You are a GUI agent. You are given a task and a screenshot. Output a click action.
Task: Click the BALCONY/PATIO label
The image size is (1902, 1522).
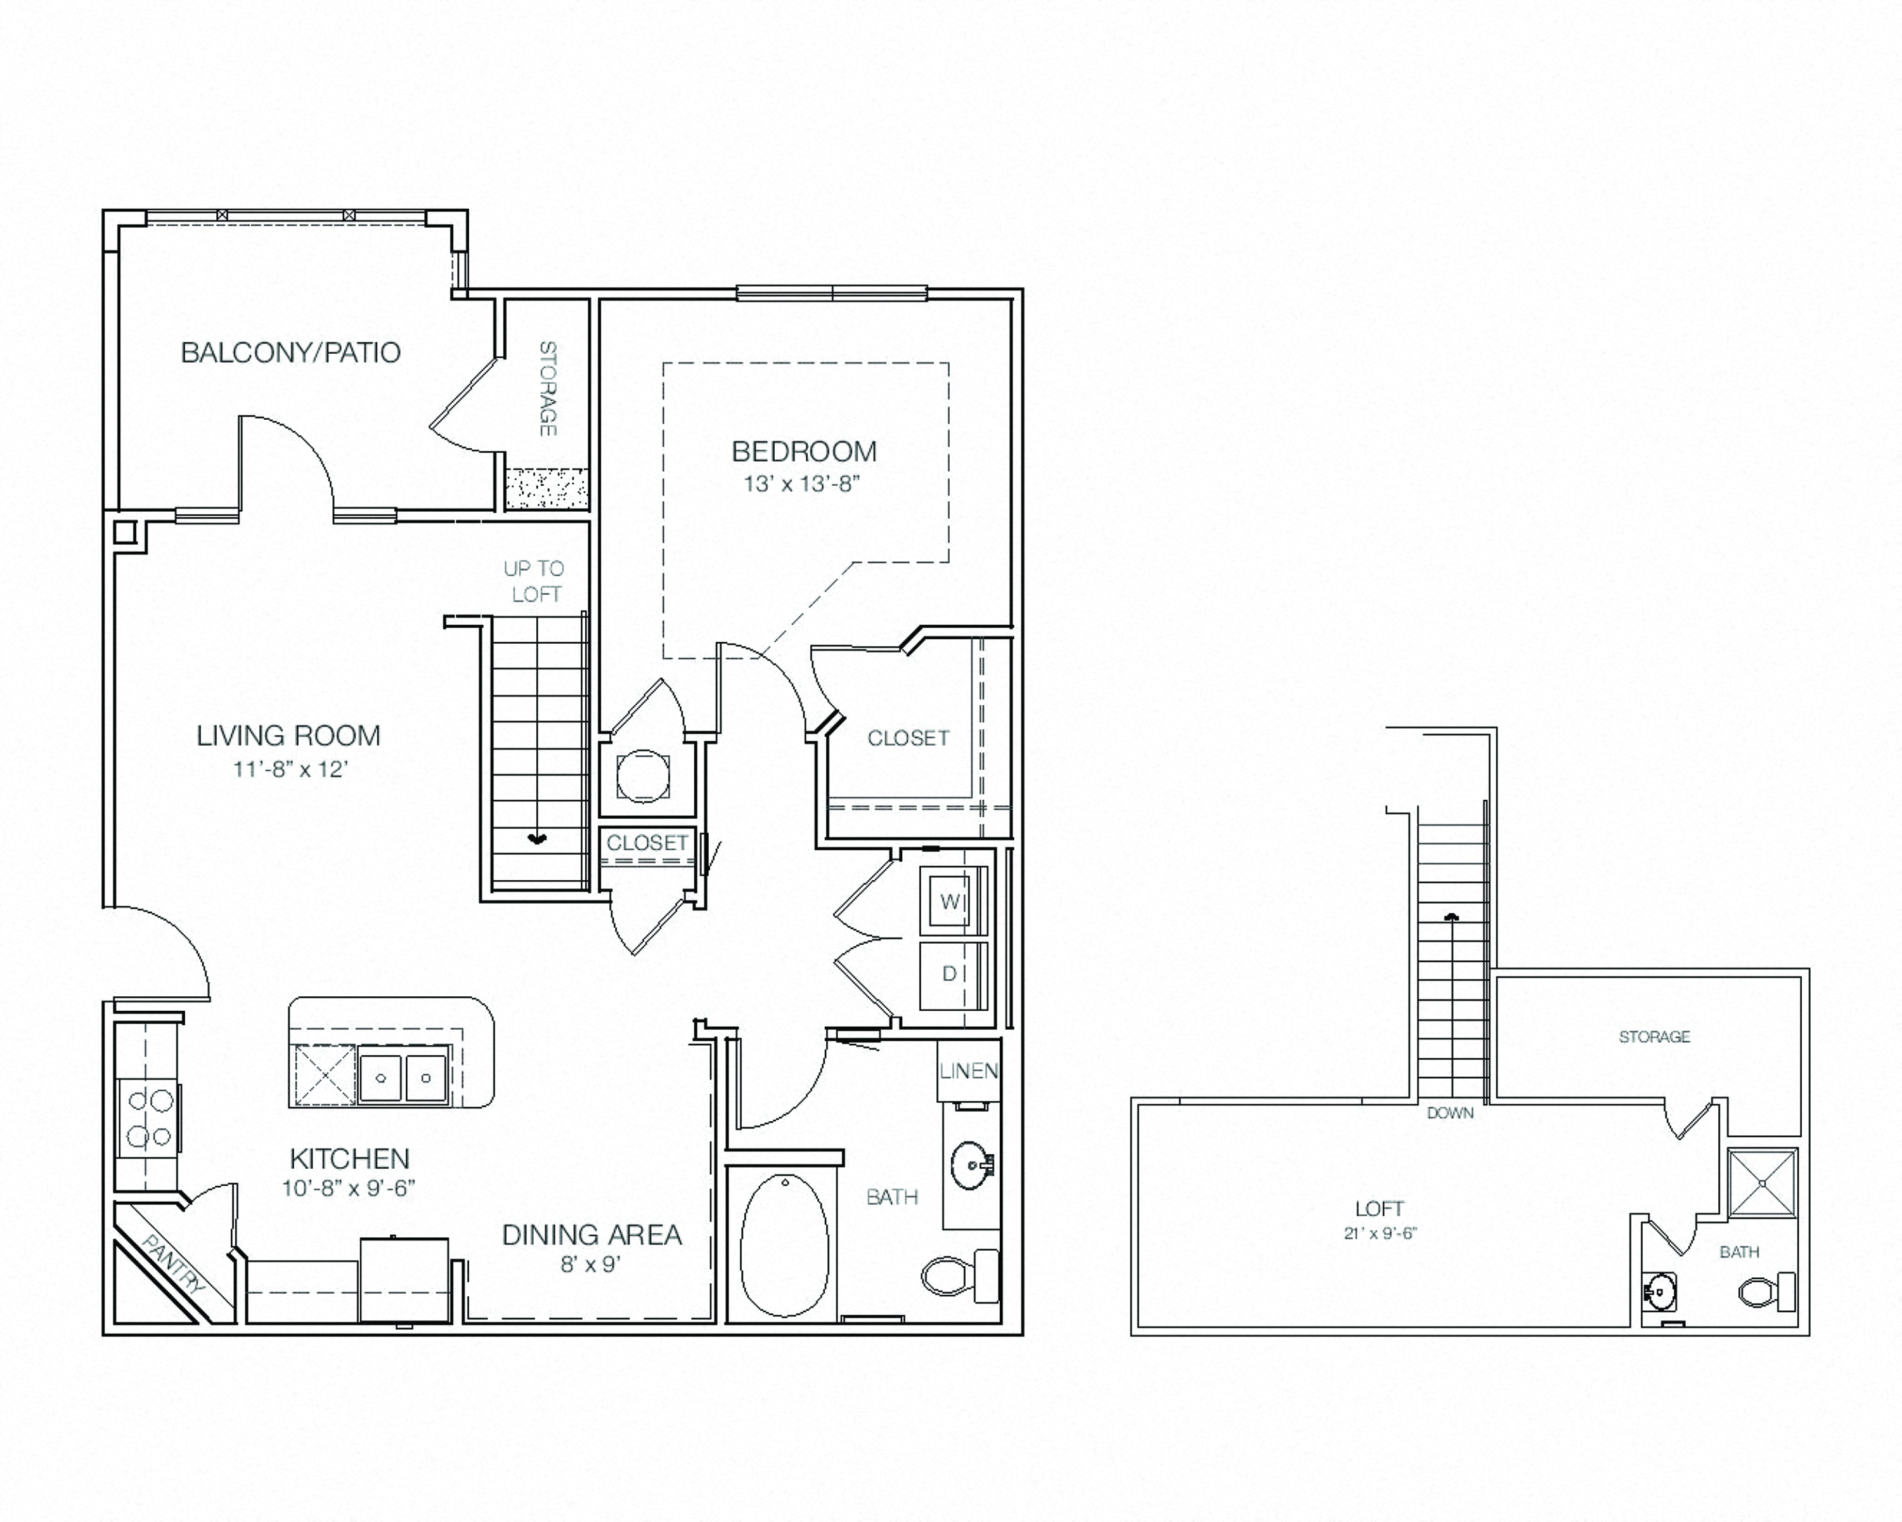click(x=290, y=353)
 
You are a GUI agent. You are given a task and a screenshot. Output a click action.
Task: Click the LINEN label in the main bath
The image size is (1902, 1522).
click(x=967, y=1071)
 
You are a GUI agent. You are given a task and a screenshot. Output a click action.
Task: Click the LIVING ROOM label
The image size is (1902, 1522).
click(x=288, y=736)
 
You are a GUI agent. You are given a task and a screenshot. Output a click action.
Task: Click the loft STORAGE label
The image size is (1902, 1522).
click(x=1654, y=1037)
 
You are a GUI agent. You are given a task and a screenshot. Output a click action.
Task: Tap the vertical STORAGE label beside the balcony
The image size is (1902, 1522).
click(x=548, y=388)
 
